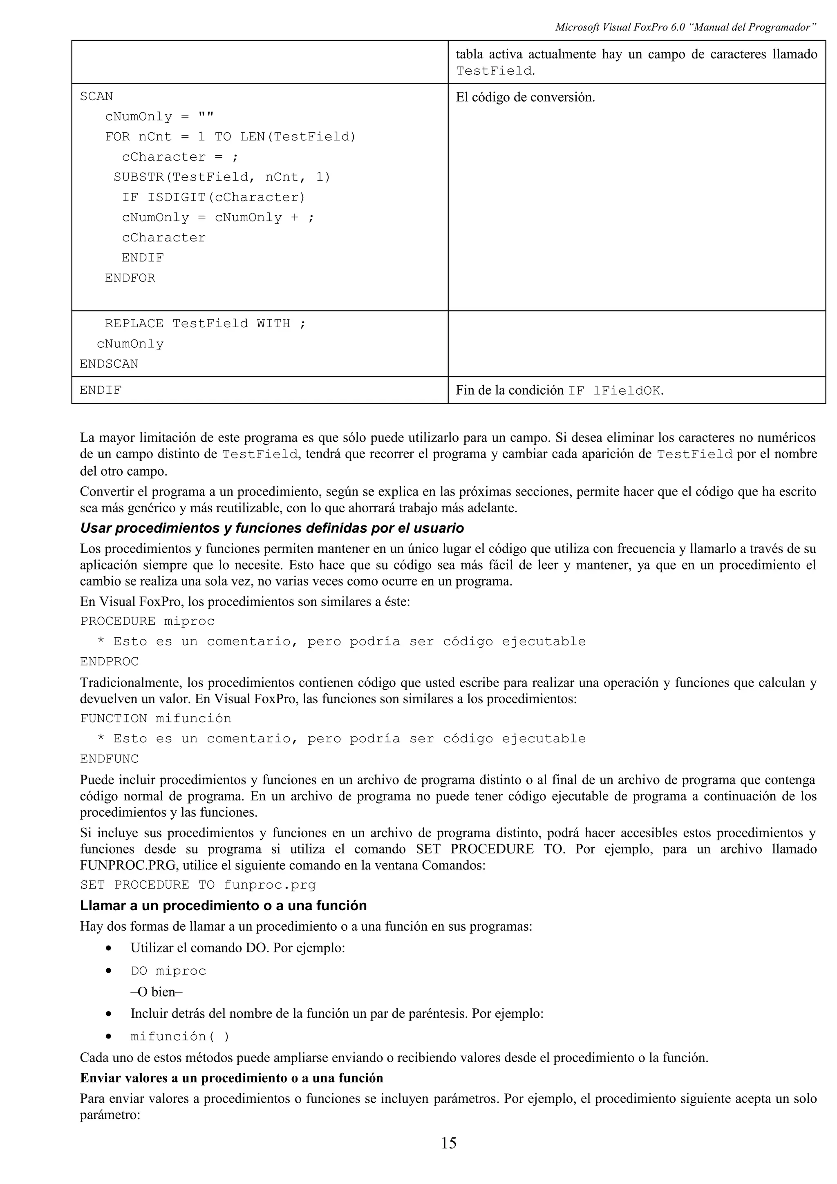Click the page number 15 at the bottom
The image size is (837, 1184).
coord(448,1157)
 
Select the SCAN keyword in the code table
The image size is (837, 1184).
coord(96,96)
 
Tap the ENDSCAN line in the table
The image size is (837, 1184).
coord(109,364)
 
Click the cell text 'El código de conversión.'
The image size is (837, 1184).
coord(525,97)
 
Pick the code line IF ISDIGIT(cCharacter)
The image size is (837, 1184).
coord(213,197)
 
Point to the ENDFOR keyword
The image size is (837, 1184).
coord(130,278)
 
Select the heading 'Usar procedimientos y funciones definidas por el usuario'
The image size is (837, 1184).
coord(272,528)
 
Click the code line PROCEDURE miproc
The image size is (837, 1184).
coord(148,621)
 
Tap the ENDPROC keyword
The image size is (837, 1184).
coord(110,661)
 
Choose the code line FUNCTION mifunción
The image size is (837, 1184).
coord(156,718)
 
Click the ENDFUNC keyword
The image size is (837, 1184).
coord(110,759)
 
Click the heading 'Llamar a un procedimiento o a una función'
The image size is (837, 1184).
coord(223,905)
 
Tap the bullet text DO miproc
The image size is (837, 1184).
coord(168,971)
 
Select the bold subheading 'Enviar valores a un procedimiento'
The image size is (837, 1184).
coord(232,1078)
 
